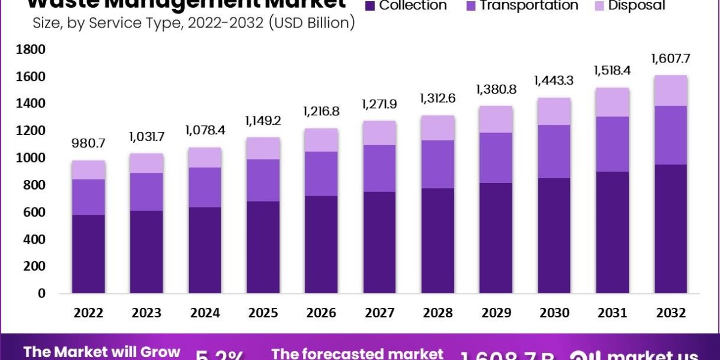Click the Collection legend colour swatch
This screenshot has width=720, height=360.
point(370,5)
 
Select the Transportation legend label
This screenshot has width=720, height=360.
point(529,5)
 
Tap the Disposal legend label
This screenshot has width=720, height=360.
point(637,5)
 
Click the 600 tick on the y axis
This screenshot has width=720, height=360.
point(34,212)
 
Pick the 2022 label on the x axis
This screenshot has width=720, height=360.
point(89,313)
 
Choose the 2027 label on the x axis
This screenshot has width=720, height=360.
point(380,313)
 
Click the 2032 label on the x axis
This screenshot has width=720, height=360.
point(671,313)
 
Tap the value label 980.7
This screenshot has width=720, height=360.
point(89,145)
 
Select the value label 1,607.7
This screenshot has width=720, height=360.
point(671,59)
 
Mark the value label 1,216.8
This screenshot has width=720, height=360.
point(322,112)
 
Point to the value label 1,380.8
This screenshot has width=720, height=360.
point(496,90)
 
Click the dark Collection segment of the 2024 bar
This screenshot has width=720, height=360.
point(205,250)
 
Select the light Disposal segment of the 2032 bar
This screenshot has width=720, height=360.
point(671,91)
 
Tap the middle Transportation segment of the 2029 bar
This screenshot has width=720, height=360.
point(496,158)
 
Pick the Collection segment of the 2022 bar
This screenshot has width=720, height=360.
point(89,254)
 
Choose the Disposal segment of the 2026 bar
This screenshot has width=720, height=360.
point(322,140)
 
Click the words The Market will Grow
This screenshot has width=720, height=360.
point(101,352)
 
